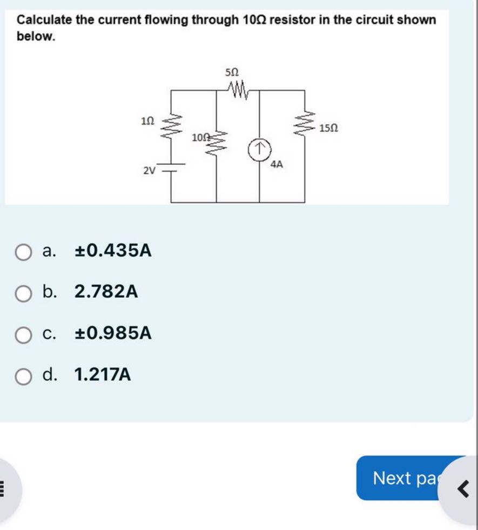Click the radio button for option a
click(x=23, y=252)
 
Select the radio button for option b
click(x=23, y=293)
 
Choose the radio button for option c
click(x=23, y=334)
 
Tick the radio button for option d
click(x=23, y=375)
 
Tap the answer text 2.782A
click(x=106, y=292)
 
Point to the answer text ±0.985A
click(x=113, y=333)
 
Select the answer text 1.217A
click(x=103, y=374)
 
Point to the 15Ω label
click(x=329, y=129)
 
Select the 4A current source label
click(x=276, y=164)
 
